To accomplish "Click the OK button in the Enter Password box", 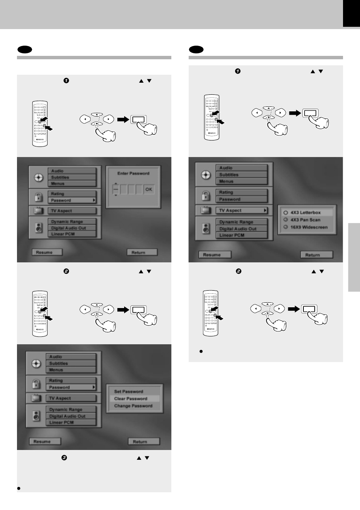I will click(x=149, y=189).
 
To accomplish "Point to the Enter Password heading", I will click(x=133, y=174).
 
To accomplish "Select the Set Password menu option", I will click(x=129, y=391).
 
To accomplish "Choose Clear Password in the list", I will click(x=131, y=399).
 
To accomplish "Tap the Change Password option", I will click(x=133, y=406).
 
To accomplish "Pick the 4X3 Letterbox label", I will click(x=306, y=213).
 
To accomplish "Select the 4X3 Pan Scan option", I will click(x=305, y=220).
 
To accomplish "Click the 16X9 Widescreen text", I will click(x=309, y=227).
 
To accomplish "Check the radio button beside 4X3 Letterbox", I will click(x=286, y=213).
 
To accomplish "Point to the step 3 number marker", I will click(x=64, y=458).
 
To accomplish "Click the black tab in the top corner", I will click(x=351, y=13).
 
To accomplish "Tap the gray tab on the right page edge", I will click(x=354, y=257).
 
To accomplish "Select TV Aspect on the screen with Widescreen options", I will click(x=242, y=210).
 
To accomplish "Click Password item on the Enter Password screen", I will click(x=72, y=200).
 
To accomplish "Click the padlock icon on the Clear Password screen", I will click(x=36, y=384).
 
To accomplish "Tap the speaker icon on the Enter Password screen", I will click(x=38, y=228).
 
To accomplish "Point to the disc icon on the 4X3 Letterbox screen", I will click(x=206, y=175).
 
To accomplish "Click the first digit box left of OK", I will click(x=116, y=189).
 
